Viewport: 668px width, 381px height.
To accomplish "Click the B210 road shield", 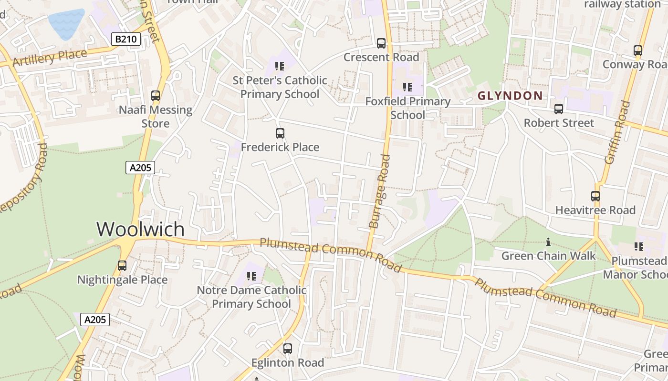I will pyautogui.click(x=126, y=39).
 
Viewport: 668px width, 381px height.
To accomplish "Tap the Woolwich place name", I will pyautogui.click(x=140, y=229).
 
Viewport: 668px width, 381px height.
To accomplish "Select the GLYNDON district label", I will pyautogui.click(x=510, y=96).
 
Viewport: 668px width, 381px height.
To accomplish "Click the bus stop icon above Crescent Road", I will pyautogui.click(x=381, y=43).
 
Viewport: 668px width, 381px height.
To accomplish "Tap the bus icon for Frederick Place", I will pyautogui.click(x=280, y=133).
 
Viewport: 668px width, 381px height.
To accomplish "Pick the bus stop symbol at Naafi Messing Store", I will pyautogui.click(x=156, y=96).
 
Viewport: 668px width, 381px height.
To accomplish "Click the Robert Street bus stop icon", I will pyautogui.click(x=559, y=109).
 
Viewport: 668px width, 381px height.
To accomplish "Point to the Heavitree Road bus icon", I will pyautogui.click(x=595, y=196).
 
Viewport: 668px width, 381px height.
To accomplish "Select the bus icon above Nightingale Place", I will pyautogui.click(x=122, y=266).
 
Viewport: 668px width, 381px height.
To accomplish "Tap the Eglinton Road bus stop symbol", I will pyautogui.click(x=288, y=349).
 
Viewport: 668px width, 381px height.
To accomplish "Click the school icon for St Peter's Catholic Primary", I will pyautogui.click(x=280, y=66).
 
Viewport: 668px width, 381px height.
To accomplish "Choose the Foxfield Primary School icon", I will pyautogui.click(x=407, y=87).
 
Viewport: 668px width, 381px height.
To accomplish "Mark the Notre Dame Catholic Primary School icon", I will pyautogui.click(x=251, y=276).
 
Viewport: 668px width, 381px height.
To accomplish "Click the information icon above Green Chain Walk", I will pyautogui.click(x=548, y=242).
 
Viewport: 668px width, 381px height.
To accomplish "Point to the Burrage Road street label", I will pyautogui.click(x=380, y=191).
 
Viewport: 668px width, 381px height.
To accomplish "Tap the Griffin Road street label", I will pyautogui.click(x=617, y=133).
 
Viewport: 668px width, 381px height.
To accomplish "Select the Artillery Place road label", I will pyautogui.click(x=50, y=58).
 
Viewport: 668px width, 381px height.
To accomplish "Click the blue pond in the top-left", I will pyautogui.click(x=66, y=23).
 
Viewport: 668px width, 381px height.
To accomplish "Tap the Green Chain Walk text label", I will pyautogui.click(x=548, y=256).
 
